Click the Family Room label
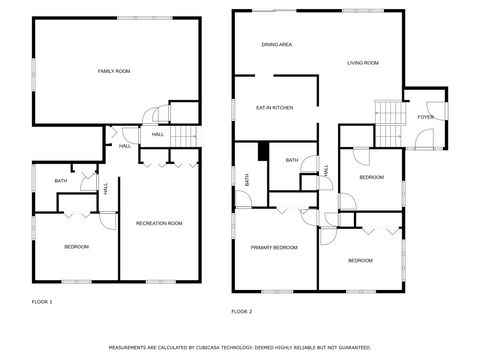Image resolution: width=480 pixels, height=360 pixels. (114, 71)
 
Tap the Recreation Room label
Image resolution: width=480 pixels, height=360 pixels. (159, 223)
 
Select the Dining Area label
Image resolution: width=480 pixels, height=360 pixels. (277, 44)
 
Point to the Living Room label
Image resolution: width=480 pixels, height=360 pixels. (363, 63)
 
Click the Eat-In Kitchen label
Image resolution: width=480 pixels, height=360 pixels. (274, 108)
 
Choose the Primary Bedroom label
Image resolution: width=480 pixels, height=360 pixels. (274, 247)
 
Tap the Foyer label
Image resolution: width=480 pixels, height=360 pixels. (426, 117)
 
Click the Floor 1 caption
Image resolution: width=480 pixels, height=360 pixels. (42, 302)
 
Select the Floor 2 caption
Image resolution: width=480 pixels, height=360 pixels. (242, 312)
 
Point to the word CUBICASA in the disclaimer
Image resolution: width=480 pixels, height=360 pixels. (208, 348)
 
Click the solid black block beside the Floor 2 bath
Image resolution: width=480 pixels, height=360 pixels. (263, 151)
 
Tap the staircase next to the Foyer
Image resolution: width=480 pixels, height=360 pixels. (390, 124)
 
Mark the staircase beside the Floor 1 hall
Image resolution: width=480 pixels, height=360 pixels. (185, 136)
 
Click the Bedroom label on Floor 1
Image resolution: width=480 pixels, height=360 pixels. (76, 247)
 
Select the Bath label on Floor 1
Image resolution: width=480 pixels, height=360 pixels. (61, 181)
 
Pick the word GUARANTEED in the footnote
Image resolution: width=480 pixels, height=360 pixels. (354, 348)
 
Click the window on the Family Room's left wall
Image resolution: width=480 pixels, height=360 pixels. (34, 74)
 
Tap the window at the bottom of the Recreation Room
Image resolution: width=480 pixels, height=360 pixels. (161, 282)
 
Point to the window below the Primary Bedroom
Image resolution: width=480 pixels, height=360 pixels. (277, 292)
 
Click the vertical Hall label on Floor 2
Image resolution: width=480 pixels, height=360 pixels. (326, 171)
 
